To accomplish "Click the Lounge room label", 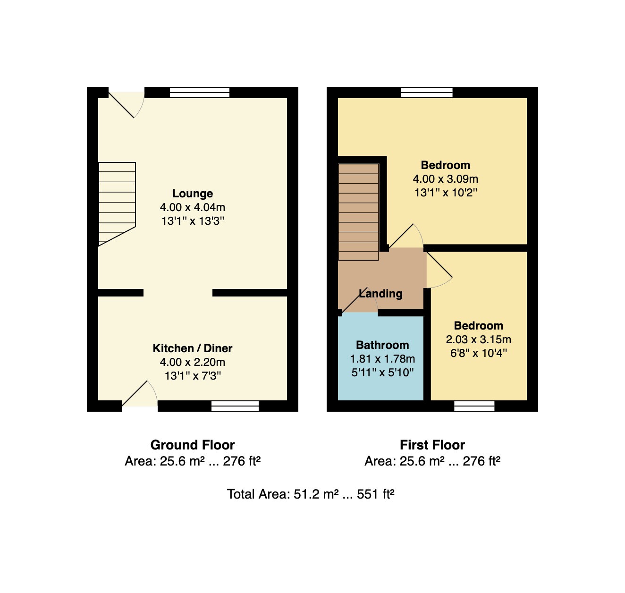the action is click(192, 193).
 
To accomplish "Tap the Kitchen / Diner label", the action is click(192, 348).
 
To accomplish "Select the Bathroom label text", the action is click(382, 345).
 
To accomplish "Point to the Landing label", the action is click(380, 294).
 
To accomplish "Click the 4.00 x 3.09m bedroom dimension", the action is click(445, 179).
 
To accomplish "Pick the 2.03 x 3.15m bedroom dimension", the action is click(478, 339).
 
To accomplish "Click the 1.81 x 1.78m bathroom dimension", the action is click(382, 359).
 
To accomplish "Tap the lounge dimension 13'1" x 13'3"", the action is click(192, 221).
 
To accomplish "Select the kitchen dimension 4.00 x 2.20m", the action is click(192, 362).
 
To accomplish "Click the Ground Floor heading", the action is click(192, 445).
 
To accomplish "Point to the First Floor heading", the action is click(432, 445).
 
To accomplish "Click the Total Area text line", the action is click(310, 494).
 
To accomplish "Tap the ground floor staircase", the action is click(117, 204).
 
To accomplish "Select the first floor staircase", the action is click(358, 212).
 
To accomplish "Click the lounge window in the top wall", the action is click(200, 93).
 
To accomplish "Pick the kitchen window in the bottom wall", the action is click(235, 406).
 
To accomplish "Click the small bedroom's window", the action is click(474, 406).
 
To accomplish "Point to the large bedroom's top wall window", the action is click(426, 93).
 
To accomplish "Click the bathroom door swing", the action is click(359, 299).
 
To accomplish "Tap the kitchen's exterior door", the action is click(140, 394).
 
